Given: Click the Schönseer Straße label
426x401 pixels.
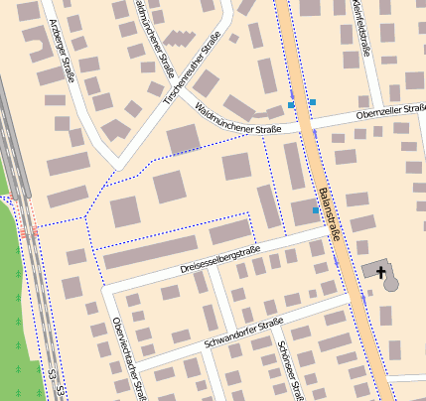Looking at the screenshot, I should pyautogui.click(x=290, y=370).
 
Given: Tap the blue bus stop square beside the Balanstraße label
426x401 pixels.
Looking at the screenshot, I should pyautogui.click(x=316, y=210).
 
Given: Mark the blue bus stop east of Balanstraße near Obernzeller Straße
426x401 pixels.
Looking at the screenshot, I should pyautogui.click(x=313, y=101).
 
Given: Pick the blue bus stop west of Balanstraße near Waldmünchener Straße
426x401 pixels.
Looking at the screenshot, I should pyautogui.click(x=291, y=104).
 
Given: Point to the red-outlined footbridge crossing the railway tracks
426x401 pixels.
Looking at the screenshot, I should pyautogui.click(x=28, y=230).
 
